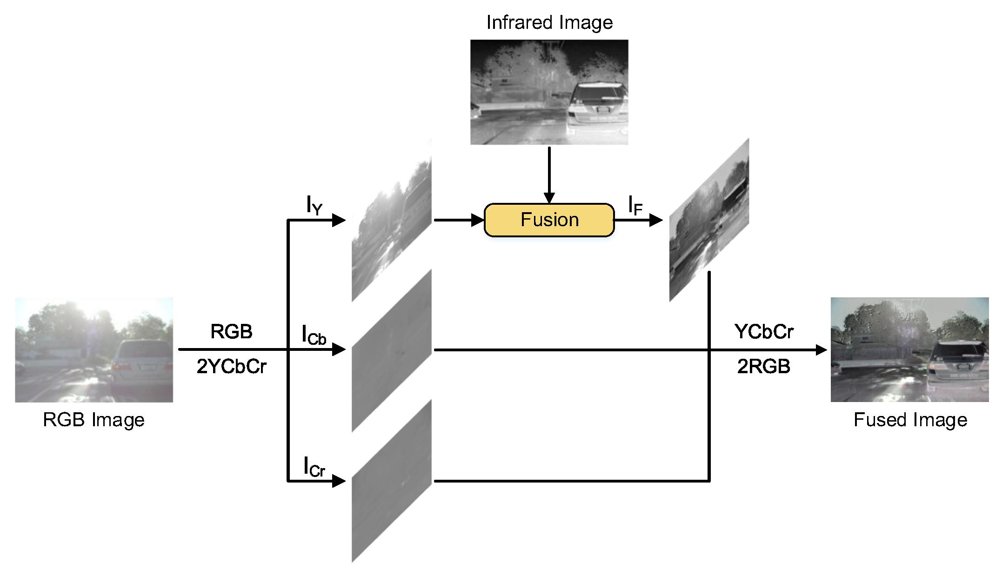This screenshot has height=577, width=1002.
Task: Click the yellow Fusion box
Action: (x=549, y=220)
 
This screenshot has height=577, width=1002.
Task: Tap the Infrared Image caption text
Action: (x=549, y=22)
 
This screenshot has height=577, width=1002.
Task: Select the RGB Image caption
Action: (x=94, y=420)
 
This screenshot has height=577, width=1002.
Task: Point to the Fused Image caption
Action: (x=910, y=420)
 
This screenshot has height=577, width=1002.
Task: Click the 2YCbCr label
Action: (x=231, y=367)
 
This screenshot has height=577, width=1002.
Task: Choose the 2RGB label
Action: (x=763, y=367)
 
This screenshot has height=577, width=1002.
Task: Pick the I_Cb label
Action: (x=314, y=335)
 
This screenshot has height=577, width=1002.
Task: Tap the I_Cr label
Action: (x=314, y=467)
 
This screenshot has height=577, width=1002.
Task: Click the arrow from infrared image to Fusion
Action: (x=549, y=174)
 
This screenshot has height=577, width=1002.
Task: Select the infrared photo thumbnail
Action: (x=549, y=92)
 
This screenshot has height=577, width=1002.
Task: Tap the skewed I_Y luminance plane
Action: (x=392, y=220)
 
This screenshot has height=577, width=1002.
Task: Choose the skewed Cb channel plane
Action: (x=392, y=350)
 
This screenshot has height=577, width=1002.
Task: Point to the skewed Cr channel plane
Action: (x=392, y=481)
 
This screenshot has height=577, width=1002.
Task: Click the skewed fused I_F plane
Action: (x=709, y=220)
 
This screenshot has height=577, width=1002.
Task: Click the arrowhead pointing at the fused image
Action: (x=821, y=350)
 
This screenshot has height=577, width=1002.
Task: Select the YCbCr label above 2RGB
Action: (x=763, y=332)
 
